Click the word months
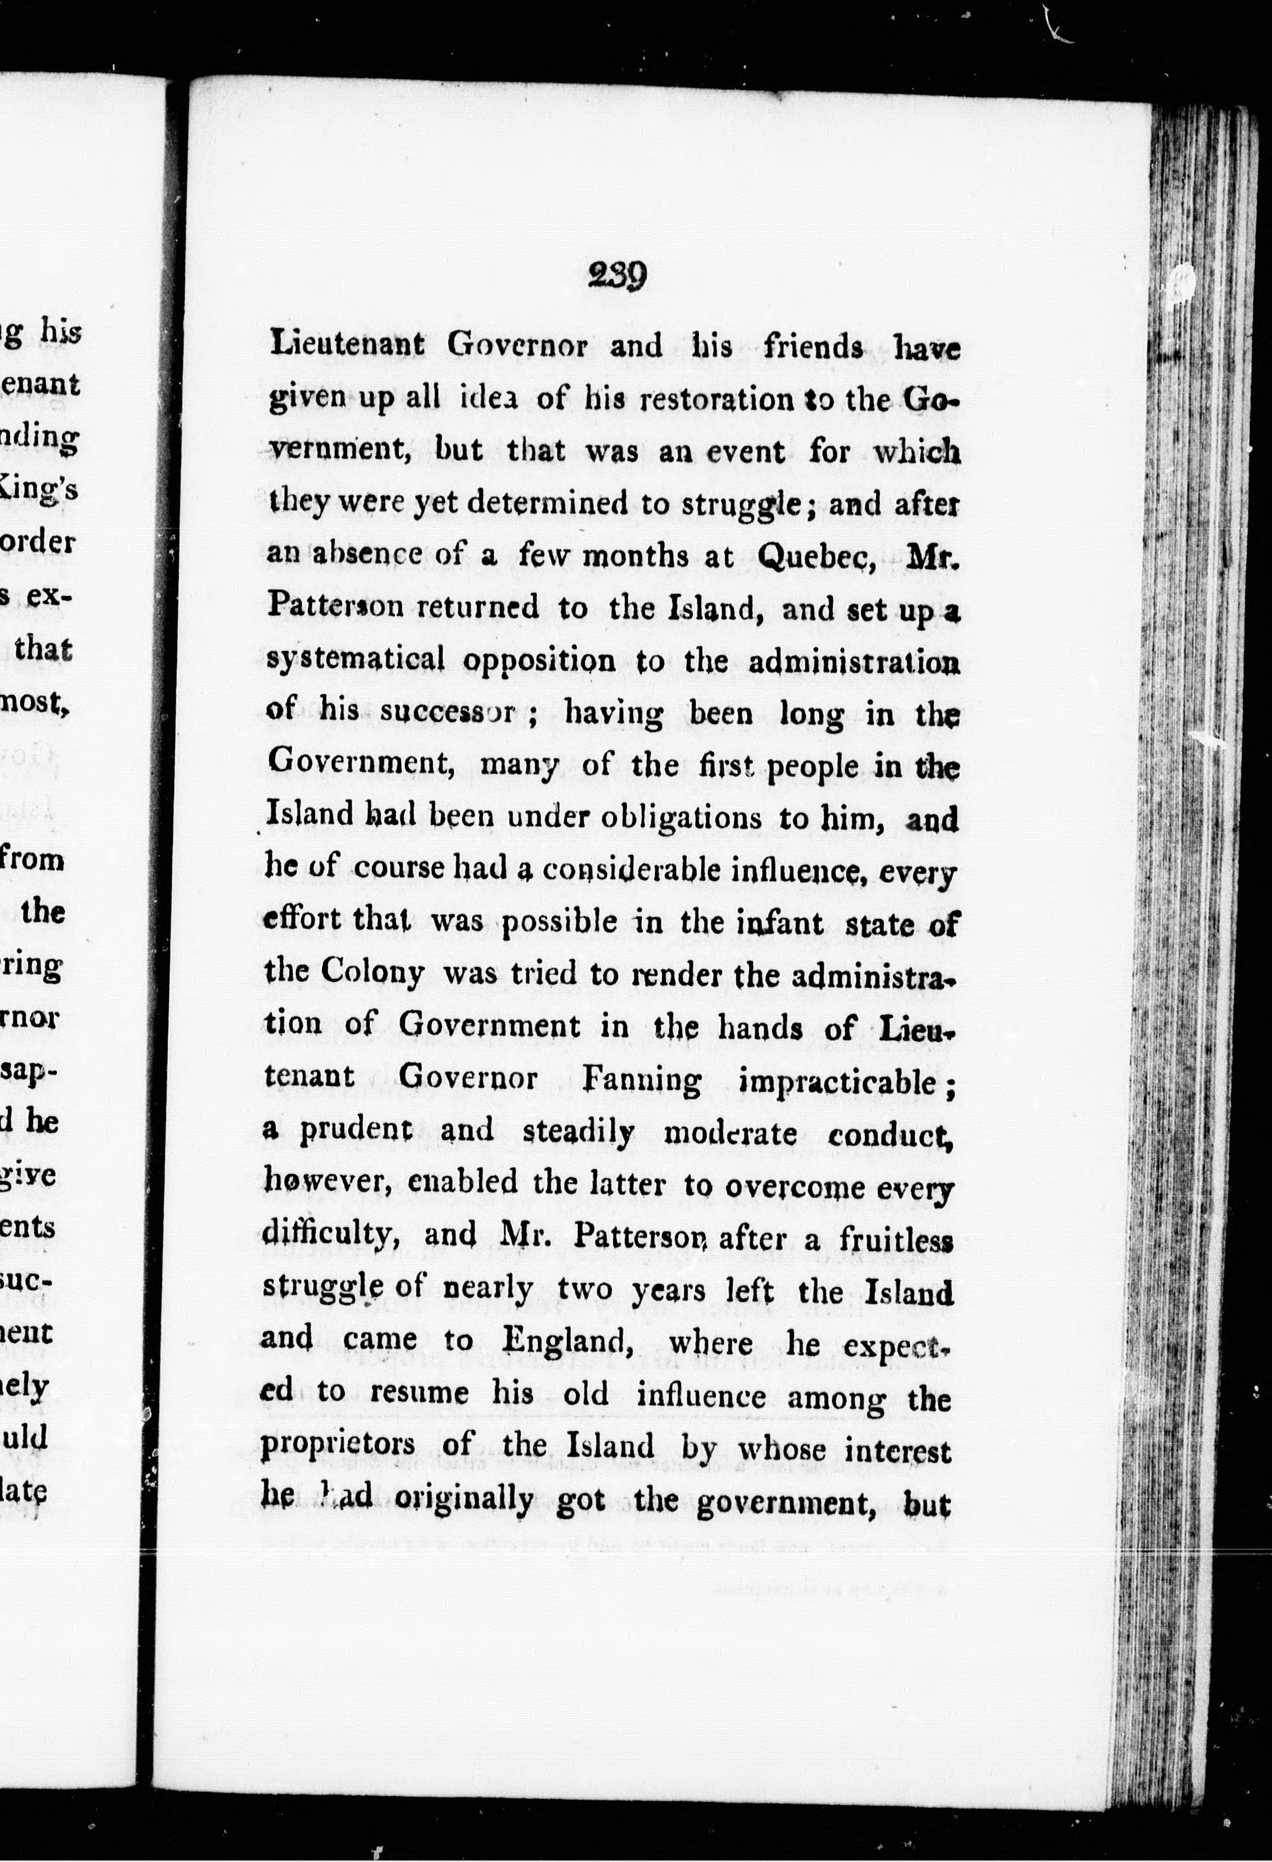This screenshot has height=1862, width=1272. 634,555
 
